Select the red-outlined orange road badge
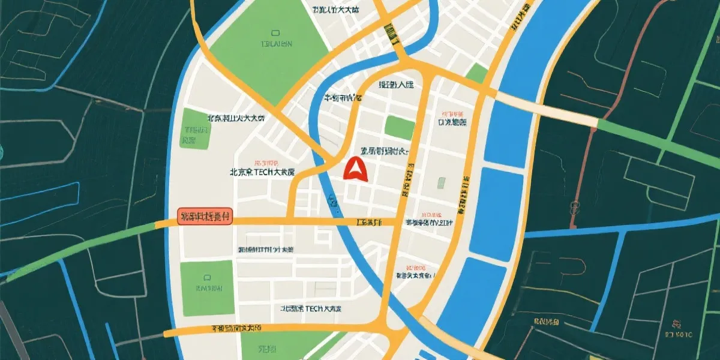(205, 217)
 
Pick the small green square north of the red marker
(399, 127)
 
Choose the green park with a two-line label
(196, 128)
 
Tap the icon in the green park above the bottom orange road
(206, 277)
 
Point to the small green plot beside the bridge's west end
(478, 74)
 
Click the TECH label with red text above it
(262, 172)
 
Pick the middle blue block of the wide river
(495, 214)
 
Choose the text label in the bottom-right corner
(680, 334)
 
